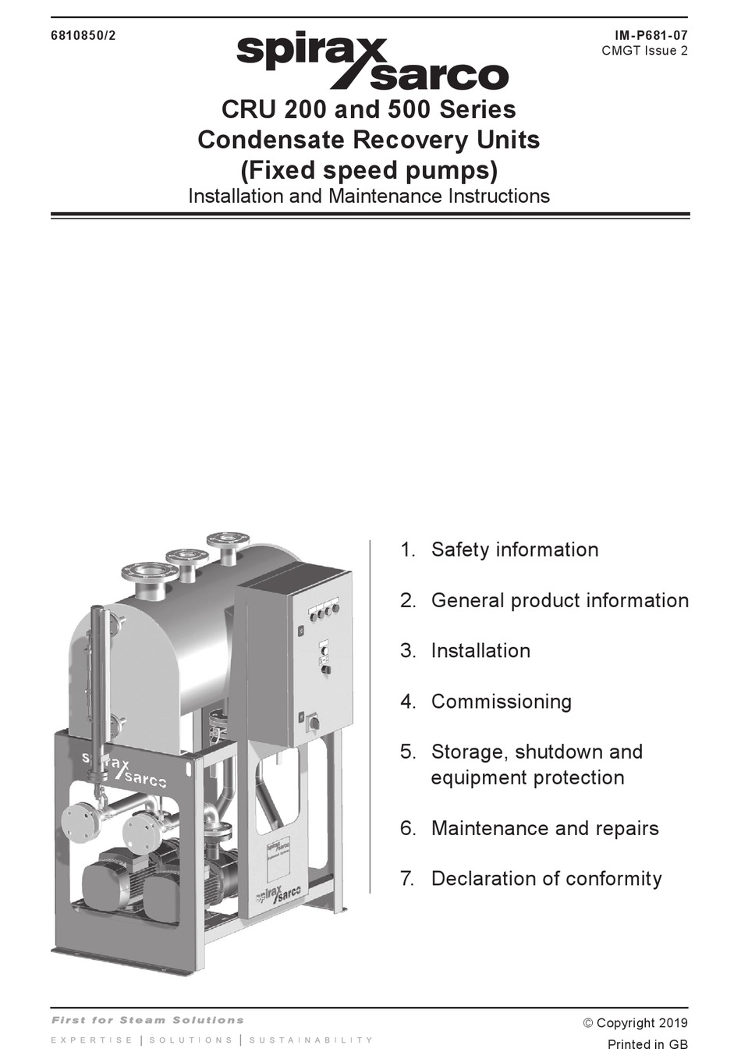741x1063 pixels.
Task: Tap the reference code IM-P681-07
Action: [x=651, y=35]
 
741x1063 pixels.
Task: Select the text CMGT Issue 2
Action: [x=644, y=51]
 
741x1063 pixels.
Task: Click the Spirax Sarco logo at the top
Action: [x=372, y=62]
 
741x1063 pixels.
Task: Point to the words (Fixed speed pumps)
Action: [x=368, y=169]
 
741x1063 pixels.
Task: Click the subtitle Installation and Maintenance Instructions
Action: [x=368, y=196]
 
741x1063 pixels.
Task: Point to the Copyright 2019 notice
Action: [x=635, y=1022]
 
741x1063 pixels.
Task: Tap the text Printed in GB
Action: [x=647, y=1044]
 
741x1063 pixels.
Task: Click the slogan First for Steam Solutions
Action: [x=147, y=1020]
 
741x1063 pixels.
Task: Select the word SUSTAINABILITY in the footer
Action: [x=311, y=1040]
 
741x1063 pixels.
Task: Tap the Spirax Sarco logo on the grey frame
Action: [x=124, y=768]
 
